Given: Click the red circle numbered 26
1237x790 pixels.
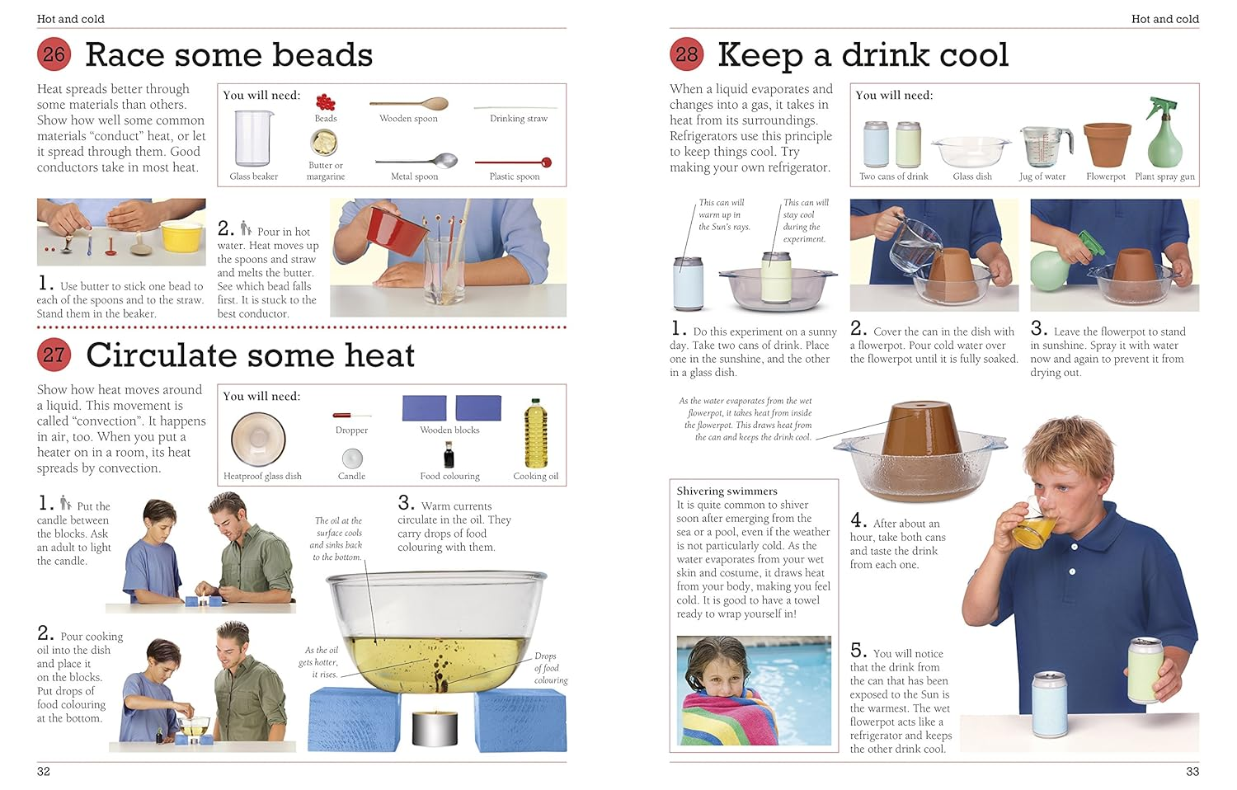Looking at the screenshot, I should (54, 54).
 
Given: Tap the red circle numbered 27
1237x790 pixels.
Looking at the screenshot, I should (54, 355).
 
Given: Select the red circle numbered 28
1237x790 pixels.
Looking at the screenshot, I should (686, 54).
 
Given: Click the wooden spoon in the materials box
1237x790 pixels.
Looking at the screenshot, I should (409, 105).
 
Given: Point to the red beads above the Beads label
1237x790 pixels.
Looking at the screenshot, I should (326, 102).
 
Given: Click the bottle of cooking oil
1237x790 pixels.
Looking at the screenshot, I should (536, 435).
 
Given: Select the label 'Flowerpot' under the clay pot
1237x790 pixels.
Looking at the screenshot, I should (1105, 176).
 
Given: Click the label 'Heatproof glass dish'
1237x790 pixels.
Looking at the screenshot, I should (262, 476).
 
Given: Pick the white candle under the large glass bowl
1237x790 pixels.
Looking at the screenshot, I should (435, 727).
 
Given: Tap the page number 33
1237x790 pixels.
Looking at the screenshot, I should (1192, 771).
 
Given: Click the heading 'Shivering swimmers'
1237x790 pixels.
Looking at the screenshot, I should (727, 491).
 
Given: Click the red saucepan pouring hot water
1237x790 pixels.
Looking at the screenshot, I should (386, 228).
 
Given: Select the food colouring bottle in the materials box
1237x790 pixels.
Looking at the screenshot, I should (449, 455).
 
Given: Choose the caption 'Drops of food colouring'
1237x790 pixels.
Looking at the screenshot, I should (550, 668).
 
